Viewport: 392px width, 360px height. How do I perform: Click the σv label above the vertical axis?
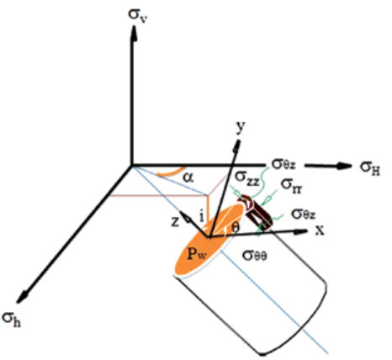[138, 15]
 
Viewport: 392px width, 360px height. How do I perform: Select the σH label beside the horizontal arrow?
[370, 168]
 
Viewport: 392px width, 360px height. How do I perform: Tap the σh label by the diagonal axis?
[11, 320]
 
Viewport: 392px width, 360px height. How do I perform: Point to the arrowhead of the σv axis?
[134, 34]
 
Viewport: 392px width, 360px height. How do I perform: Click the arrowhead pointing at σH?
[344, 166]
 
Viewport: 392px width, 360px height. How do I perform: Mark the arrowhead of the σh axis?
[23, 297]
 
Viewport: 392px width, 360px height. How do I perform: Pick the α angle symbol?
[188, 177]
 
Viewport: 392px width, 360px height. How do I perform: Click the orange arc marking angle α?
[170, 173]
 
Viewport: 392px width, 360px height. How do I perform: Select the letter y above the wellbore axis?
[241, 127]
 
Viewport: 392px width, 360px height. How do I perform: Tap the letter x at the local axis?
[320, 230]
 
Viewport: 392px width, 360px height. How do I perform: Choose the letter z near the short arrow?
[175, 222]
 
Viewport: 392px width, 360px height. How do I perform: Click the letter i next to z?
[201, 216]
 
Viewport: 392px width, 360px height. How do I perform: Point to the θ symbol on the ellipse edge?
[236, 228]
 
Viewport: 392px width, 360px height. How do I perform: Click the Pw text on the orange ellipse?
[197, 254]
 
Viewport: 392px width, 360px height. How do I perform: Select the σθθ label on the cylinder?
[255, 256]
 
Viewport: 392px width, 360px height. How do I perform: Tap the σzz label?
[247, 177]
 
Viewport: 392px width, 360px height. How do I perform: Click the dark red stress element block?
[256, 211]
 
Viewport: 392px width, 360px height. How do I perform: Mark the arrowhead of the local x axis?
[301, 231]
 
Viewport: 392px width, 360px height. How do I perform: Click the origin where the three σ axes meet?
[132, 166]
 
